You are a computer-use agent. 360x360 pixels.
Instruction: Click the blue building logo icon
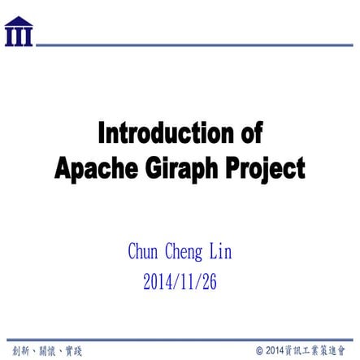[19, 32]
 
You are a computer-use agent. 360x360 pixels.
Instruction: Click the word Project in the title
[265, 168]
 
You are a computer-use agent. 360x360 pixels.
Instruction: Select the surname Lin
[221, 253]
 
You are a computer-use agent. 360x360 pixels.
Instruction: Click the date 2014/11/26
[180, 282]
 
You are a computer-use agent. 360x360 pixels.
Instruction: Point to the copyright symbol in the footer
[259, 351]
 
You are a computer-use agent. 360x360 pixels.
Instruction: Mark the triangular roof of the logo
[19, 21]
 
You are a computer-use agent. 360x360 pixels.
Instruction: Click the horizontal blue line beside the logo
[195, 45]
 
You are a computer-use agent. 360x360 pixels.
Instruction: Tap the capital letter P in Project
[232, 168]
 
